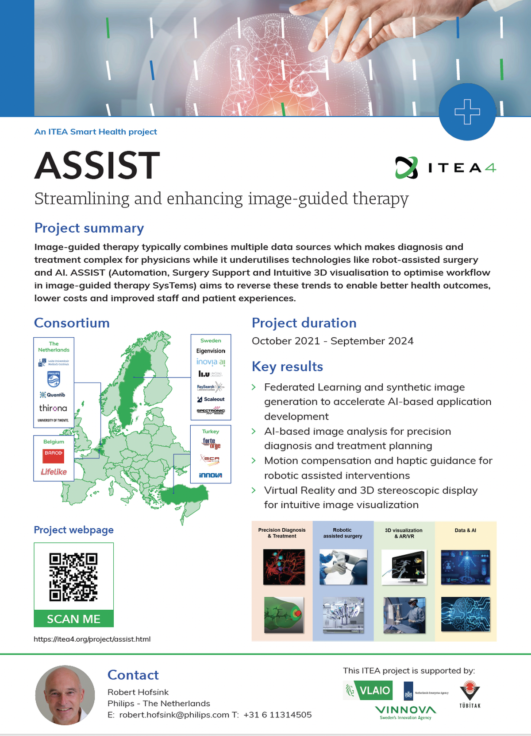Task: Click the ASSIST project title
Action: pos(97,166)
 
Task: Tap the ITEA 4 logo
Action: pos(446,167)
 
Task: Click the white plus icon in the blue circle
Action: pos(467,112)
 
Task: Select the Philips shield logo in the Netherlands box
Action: pos(54,379)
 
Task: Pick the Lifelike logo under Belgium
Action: pos(54,472)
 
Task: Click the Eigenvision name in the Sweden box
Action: pos(211,351)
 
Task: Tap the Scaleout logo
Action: pos(211,399)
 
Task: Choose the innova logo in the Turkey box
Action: pos(211,475)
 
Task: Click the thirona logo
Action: pos(53,408)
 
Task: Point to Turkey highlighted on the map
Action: pos(186,495)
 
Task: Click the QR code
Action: pos(73,576)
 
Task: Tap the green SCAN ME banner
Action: pos(73,619)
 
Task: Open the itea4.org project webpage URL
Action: pos(92,639)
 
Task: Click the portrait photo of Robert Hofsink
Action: pos(65,695)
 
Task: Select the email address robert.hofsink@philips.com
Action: pos(174,715)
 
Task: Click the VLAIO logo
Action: pos(368,690)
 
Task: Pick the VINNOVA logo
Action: pos(405,712)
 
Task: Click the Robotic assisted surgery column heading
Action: pos(342,533)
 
